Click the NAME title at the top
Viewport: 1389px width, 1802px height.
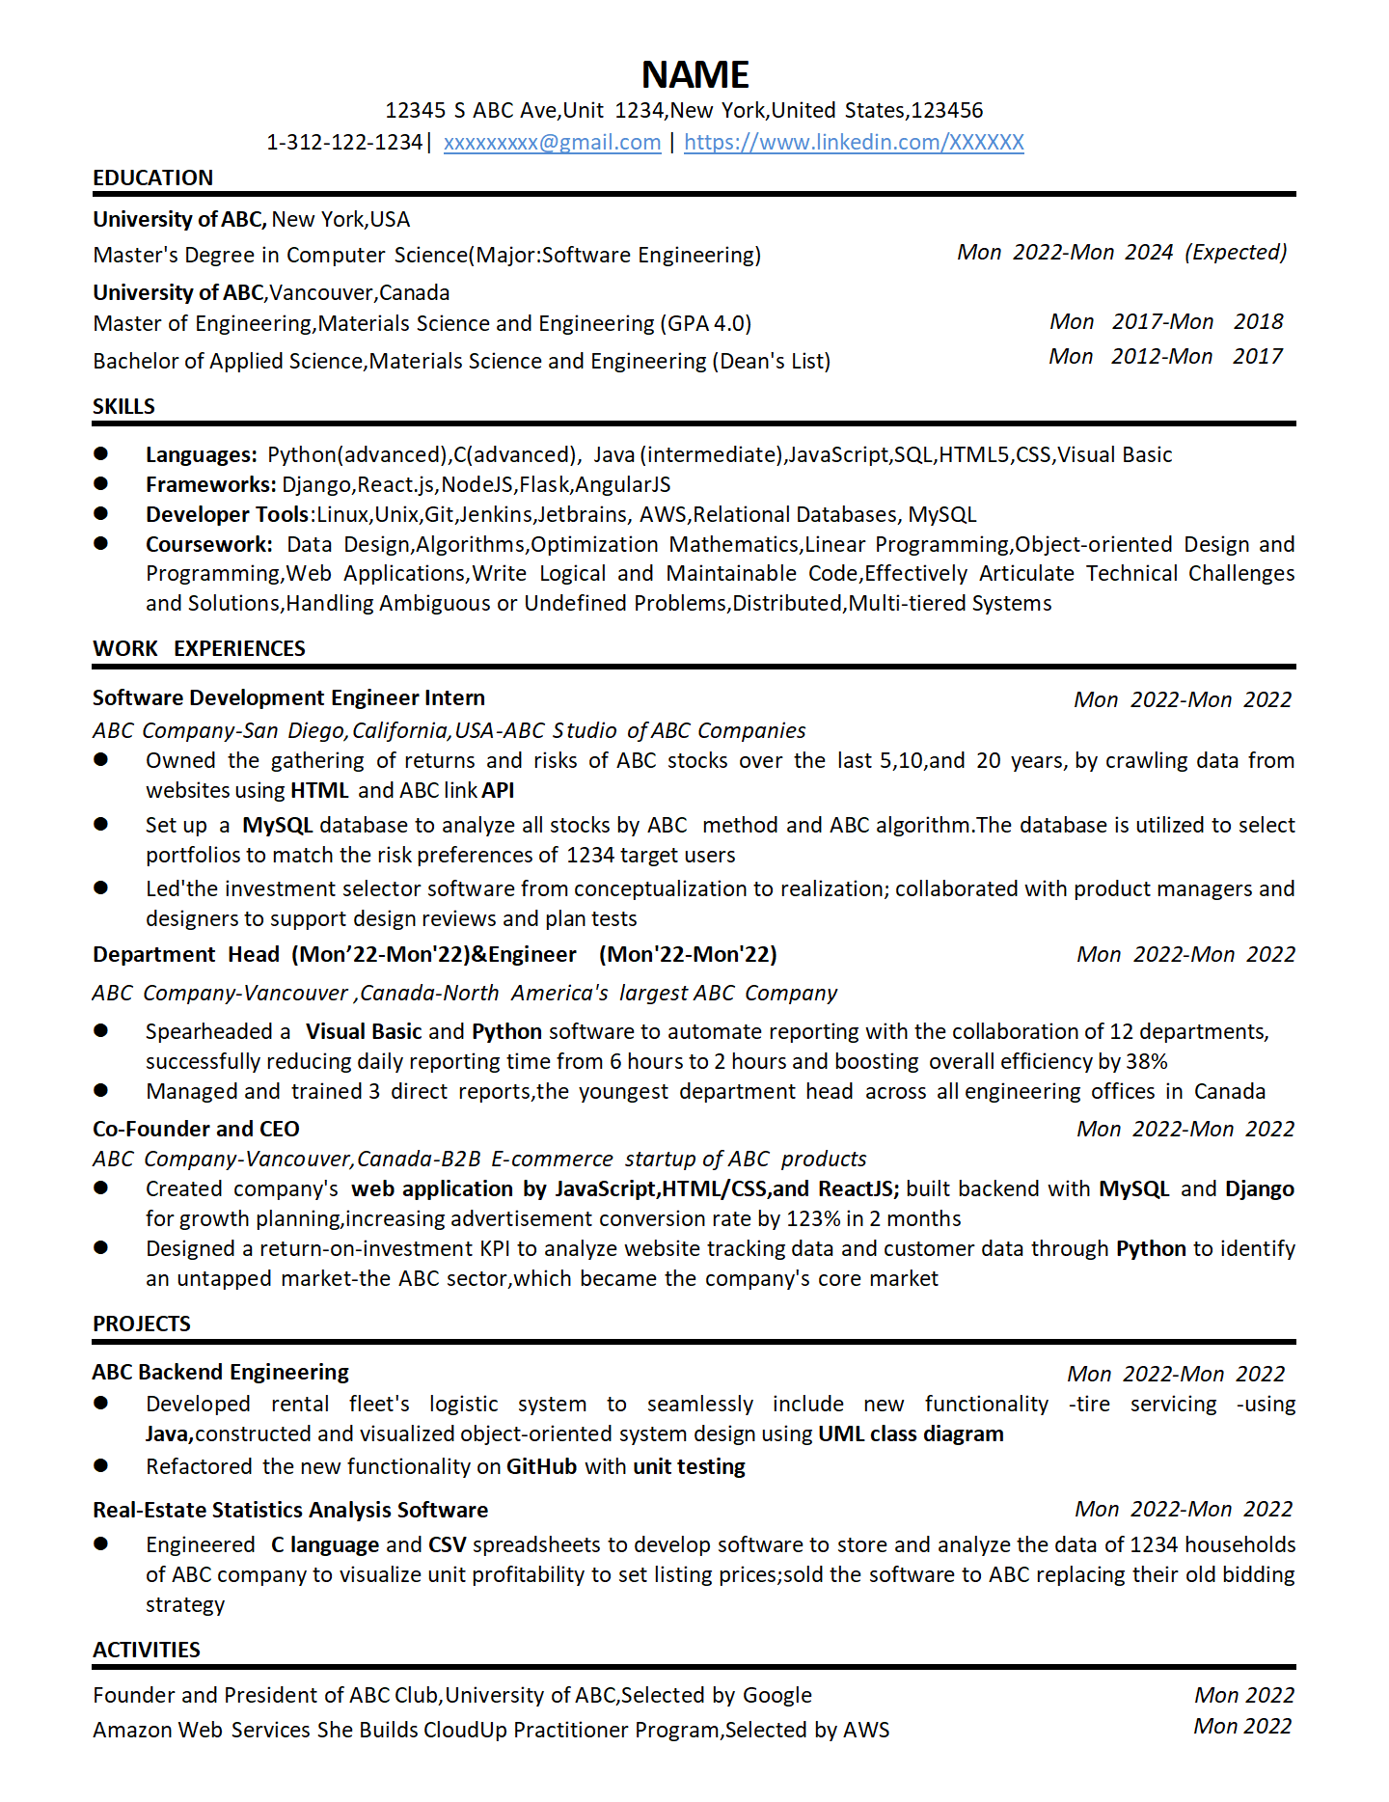[x=694, y=75]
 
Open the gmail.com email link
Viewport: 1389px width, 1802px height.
[x=552, y=143]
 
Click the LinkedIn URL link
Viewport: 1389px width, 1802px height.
[x=854, y=143]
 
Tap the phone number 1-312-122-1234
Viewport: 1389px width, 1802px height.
[x=344, y=143]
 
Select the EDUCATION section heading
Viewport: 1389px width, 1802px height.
[x=152, y=178]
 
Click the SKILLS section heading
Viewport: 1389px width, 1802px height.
[x=123, y=407]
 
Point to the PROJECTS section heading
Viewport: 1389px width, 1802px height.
[x=141, y=1324]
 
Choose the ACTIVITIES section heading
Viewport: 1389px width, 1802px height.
[x=146, y=1651]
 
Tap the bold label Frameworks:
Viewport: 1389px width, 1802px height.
[x=210, y=485]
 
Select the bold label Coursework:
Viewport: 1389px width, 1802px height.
[x=208, y=545]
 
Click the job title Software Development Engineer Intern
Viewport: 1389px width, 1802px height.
[x=288, y=698]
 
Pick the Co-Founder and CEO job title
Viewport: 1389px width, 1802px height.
[x=196, y=1130]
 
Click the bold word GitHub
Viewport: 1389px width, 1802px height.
[x=541, y=1467]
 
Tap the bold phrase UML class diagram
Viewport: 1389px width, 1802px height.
[x=911, y=1434]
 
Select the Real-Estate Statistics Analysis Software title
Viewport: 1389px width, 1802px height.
[x=290, y=1511]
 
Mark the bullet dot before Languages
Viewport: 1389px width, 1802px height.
[x=100, y=453]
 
